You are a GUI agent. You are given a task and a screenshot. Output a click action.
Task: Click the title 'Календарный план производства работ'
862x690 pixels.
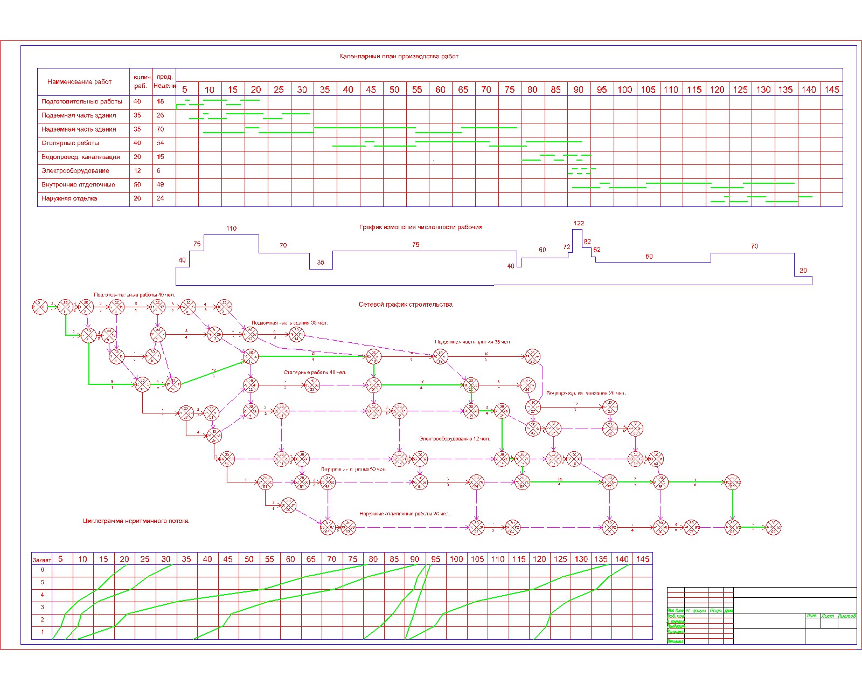(x=399, y=56)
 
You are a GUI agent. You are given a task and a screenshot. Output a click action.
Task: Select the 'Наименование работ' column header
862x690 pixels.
(x=79, y=82)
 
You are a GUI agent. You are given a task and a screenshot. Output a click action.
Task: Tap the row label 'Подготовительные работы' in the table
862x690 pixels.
(x=82, y=101)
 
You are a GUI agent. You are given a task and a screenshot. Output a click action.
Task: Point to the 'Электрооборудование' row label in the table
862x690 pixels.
(x=75, y=171)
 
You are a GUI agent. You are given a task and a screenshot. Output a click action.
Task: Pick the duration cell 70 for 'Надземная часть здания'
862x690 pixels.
(x=161, y=129)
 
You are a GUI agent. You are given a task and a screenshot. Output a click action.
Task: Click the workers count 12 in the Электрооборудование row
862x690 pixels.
(x=137, y=171)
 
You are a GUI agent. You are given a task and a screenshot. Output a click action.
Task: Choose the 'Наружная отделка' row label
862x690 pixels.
(x=69, y=198)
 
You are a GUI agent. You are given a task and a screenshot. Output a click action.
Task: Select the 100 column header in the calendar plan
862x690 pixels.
(x=625, y=89)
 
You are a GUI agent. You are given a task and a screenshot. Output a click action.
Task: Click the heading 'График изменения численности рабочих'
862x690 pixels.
(x=421, y=227)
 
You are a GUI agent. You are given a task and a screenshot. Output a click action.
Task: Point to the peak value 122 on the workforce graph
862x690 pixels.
(x=579, y=223)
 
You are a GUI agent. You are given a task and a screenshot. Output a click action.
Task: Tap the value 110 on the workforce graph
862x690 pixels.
(x=231, y=229)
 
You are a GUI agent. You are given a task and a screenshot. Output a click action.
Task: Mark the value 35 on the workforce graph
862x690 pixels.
(x=321, y=263)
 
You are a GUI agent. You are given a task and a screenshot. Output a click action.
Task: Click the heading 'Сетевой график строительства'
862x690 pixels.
(x=405, y=305)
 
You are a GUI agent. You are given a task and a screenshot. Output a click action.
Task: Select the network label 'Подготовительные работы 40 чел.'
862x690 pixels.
(x=142, y=295)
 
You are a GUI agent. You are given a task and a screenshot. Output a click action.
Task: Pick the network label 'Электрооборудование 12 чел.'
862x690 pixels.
(x=455, y=439)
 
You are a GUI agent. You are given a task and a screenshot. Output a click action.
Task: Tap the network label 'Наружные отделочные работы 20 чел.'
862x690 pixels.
(x=405, y=514)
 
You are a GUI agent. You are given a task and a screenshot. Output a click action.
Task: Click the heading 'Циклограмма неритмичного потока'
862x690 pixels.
(x=136, y=521)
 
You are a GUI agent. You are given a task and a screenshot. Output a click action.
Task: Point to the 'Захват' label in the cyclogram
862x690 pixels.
(x=41, y=560)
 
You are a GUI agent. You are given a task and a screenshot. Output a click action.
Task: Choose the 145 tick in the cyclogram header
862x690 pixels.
(x=643, y=559)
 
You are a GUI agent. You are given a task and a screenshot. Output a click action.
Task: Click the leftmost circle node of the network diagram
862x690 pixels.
(x=40, y=307)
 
